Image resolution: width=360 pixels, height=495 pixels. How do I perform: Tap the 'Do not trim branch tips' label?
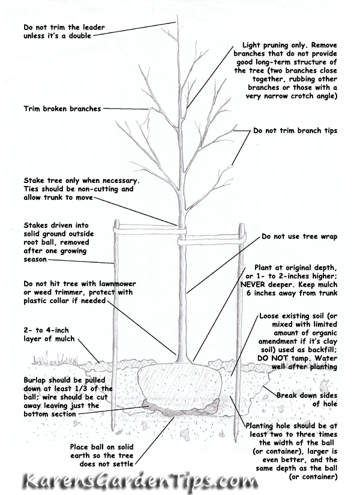[295, 130]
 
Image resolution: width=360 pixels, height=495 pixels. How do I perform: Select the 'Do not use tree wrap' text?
[299, 236]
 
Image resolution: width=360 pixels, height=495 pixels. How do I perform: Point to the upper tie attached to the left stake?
[147, 228]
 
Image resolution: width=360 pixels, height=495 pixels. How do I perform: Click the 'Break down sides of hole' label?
[307, 400]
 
